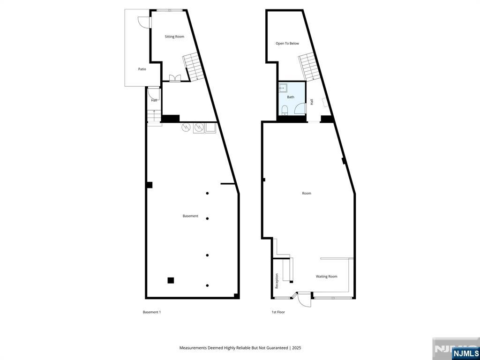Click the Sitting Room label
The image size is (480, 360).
(x=174, y=37)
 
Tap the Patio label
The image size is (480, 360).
(x=142, y=69)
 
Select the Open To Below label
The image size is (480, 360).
(x=287, y=44)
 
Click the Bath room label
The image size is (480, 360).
(x=291, y=97)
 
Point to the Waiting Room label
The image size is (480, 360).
(x=326, y=277)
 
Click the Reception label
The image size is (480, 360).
(x=277, y=281)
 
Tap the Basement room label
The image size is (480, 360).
(x=190, y=216)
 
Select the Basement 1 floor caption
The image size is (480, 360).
(x=152, y=312)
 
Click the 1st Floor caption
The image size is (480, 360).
(x=278, y=312)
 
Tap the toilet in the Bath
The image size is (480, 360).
(x=285, y=110)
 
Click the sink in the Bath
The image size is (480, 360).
(x=283, y=88)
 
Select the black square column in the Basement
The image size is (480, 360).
(x=171, y=280)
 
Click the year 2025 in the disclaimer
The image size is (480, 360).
(x=296, y=348)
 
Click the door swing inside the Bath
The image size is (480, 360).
(x=300, y=109)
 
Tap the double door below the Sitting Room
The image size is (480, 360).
(x=175, y=78)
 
